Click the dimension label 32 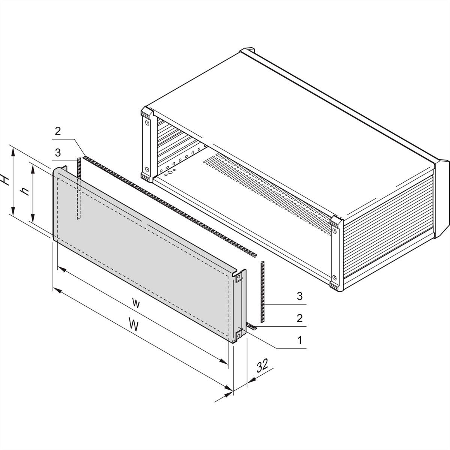262,365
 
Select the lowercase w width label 136,304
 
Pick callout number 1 300,340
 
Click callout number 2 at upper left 58,131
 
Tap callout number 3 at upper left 58,153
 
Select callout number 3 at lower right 300,296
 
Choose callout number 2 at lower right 300,318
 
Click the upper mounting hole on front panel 238,277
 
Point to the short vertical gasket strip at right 262,292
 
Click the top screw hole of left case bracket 147,123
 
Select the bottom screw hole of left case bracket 147,169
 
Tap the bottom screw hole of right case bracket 334,277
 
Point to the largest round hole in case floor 170,172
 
